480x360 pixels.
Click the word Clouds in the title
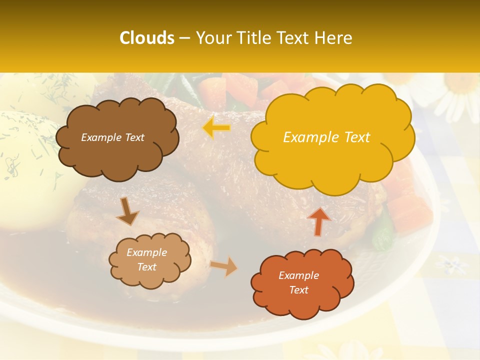[x=146, y=38]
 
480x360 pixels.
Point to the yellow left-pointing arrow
[x=217, y=128]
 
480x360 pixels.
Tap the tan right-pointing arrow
[x=224, y=266]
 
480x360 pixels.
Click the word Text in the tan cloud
[x=147, y=267]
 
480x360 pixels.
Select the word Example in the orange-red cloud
[x=298, y=275]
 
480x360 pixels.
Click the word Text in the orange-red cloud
[x=298, y=290]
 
